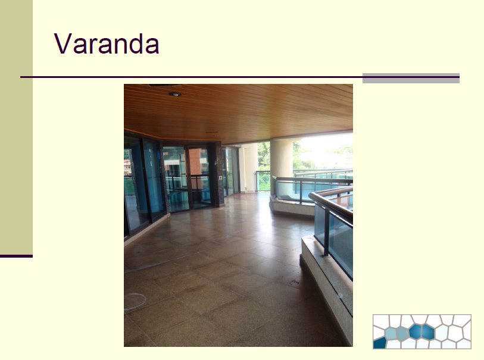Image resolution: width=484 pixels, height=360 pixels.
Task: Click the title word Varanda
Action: click(x=107, y=43)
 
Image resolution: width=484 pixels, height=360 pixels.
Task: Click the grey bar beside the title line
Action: click(x=411, y=79)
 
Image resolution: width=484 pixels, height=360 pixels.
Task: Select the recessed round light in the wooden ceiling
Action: click(x=174, y=94)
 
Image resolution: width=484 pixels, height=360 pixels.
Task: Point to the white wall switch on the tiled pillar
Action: click(x=220, y=178)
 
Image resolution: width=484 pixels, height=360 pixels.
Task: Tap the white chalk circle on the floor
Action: click(x=135, y=301)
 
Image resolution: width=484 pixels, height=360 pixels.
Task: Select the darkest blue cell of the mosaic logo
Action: click(x=380, y=343)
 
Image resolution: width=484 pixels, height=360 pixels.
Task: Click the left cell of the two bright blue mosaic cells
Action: click(x=416, y=331)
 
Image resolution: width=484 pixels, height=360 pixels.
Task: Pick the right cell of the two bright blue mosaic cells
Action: click(x=428, y=332)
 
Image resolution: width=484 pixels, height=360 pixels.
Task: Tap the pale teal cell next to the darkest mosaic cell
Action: click(x=391, y=334)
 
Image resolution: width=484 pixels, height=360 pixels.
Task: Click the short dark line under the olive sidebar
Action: click(x=16, y=256)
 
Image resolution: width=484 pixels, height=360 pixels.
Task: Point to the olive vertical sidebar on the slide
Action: click(x=16, y=127)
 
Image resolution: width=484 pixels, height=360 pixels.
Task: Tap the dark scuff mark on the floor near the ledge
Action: click(x=293, y=281)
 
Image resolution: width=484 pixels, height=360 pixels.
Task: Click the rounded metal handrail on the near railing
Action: click(x=330, y=204)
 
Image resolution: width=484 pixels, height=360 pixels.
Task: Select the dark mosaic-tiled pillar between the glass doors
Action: click(x=218, y=174)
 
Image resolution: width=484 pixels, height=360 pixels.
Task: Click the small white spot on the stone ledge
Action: click(x=340, y=296)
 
